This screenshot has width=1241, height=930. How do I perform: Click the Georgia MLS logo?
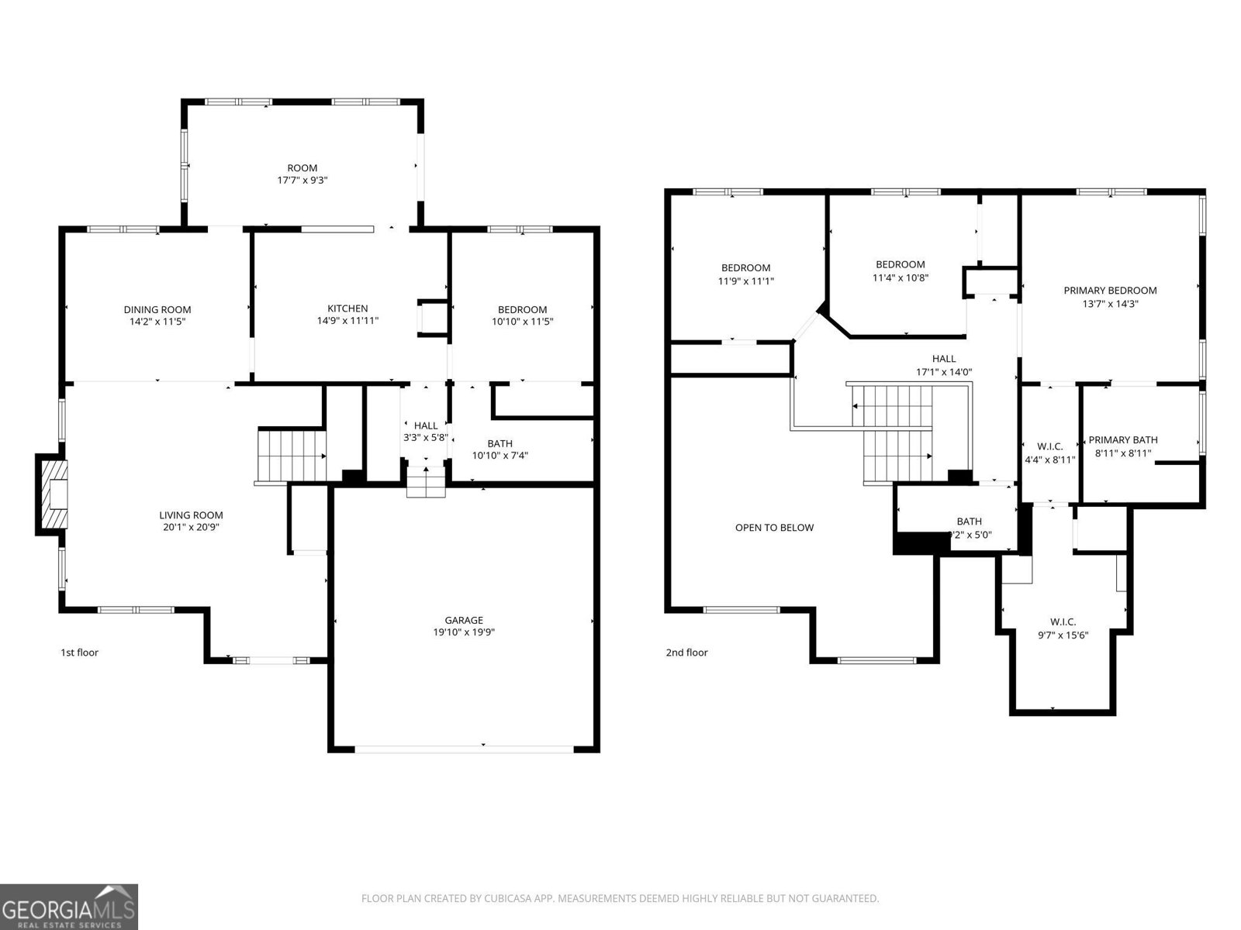pyautogui.click(x=69, y=906)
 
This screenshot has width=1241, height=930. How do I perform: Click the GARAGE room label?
pyautogui.click(x=464, y=620)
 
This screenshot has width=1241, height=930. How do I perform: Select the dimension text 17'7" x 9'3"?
pyautogui.click(x=302, y=180)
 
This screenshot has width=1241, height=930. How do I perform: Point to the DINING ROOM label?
pyautogui.click(x=157, y=309)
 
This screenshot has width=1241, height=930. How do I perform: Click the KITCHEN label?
pyautogui.click(x=347, y=308)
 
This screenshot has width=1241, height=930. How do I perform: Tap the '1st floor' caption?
pyautogui.click(x=80, y=653)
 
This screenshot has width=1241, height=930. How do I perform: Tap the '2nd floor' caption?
pyautogui.click(x=686, y=653)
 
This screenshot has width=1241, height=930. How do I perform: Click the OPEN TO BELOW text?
pyautogui.click(x=774, y=528)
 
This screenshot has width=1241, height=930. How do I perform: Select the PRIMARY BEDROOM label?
pyautogui.click(x=1110, y=291)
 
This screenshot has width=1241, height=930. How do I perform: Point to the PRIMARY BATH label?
pyautogui.click(x=1122, y=439)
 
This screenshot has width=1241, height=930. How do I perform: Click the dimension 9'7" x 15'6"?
pyautogui.click(x=1063, y=635)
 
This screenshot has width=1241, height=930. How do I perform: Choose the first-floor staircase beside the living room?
pyautogui.click(x=292, y=456)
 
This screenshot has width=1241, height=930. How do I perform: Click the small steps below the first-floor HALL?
pyautogui.click(x=426, y=481)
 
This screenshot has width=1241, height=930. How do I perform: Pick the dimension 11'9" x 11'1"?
pyautogui.click(x=745, y=281)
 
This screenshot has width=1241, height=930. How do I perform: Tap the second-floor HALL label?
pyautogui.click(x=944, y=359)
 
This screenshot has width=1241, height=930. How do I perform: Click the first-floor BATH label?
pyautogui.click(x=500, y=443)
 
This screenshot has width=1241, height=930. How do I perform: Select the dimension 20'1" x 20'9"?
pyautogui.click(x=191, y=527)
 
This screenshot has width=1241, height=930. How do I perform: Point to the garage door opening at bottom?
pyautogui.click(x=464, y=749)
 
